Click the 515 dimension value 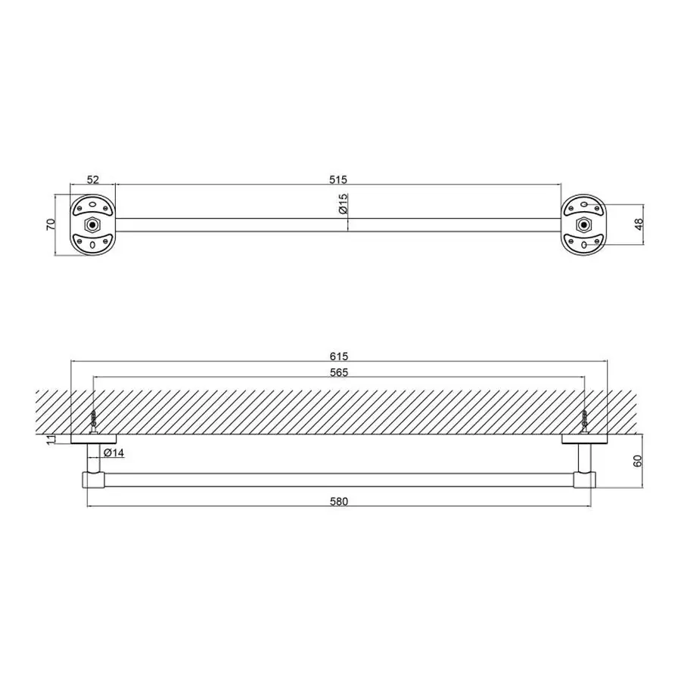(x=338, y=179)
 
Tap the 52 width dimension (x=93, y=179)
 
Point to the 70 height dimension (x=51, y=224)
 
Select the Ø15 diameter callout (x=343, y=204)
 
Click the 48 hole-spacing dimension (x=639, y=224)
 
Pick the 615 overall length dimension (x=339, y=356)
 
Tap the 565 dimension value (x=339, y=372)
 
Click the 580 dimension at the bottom (x=339, y=501)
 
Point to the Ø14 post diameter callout (x=113, y=453)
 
